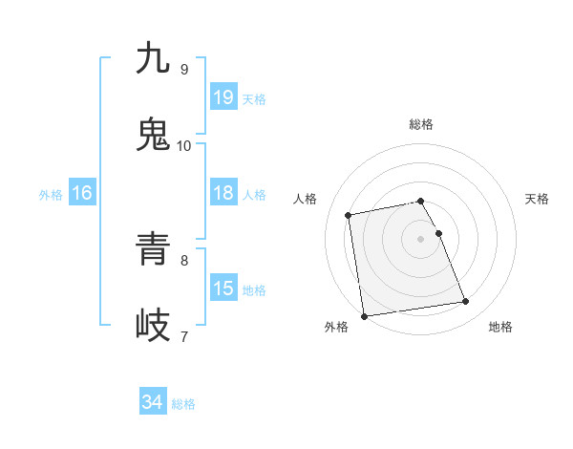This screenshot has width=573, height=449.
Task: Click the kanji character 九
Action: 154,58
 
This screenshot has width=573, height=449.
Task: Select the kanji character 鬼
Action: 154,135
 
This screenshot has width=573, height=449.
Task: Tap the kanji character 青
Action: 154,250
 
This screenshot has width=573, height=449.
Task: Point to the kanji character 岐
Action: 154,326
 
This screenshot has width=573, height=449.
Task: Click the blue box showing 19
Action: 223,97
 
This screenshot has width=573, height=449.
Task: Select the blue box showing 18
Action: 223,193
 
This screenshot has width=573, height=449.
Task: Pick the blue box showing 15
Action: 223,289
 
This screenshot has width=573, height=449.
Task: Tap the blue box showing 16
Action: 81,193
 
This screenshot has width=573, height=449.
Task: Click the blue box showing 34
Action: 152,402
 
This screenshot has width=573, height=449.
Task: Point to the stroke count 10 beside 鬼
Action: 184,145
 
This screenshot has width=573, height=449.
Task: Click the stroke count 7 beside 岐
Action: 184,335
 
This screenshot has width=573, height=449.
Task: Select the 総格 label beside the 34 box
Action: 183,404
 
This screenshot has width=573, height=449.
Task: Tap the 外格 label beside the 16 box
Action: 51,195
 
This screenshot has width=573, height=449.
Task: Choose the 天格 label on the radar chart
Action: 538,199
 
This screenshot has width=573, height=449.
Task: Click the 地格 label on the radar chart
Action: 500,327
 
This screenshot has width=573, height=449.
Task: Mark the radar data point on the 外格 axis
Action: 364,315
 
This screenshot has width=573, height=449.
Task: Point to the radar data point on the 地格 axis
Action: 466,302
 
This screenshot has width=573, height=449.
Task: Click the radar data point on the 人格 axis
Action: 349,215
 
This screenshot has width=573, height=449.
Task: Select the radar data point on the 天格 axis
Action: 438,233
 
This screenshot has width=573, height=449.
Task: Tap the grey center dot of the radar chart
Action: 420,239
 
